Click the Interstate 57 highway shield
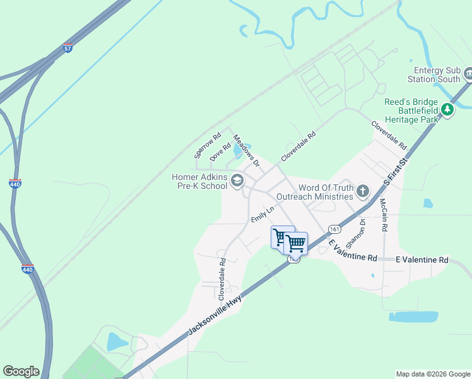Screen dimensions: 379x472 pos(68,48)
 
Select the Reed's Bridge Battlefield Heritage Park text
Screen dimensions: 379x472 pos(411,110)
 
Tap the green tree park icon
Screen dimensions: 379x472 pos(447,110)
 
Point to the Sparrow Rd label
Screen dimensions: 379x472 pos(208,145)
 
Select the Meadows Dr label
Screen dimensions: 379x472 pos(246,150)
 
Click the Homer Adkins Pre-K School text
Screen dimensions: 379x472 pos(199,181)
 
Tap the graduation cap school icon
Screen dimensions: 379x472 pos(237,182)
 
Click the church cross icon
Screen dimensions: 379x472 pos(363,190)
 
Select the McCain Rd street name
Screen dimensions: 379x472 pos(383,214)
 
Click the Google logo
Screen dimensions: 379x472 pos(21,371)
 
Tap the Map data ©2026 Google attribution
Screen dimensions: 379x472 pos(432,374)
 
